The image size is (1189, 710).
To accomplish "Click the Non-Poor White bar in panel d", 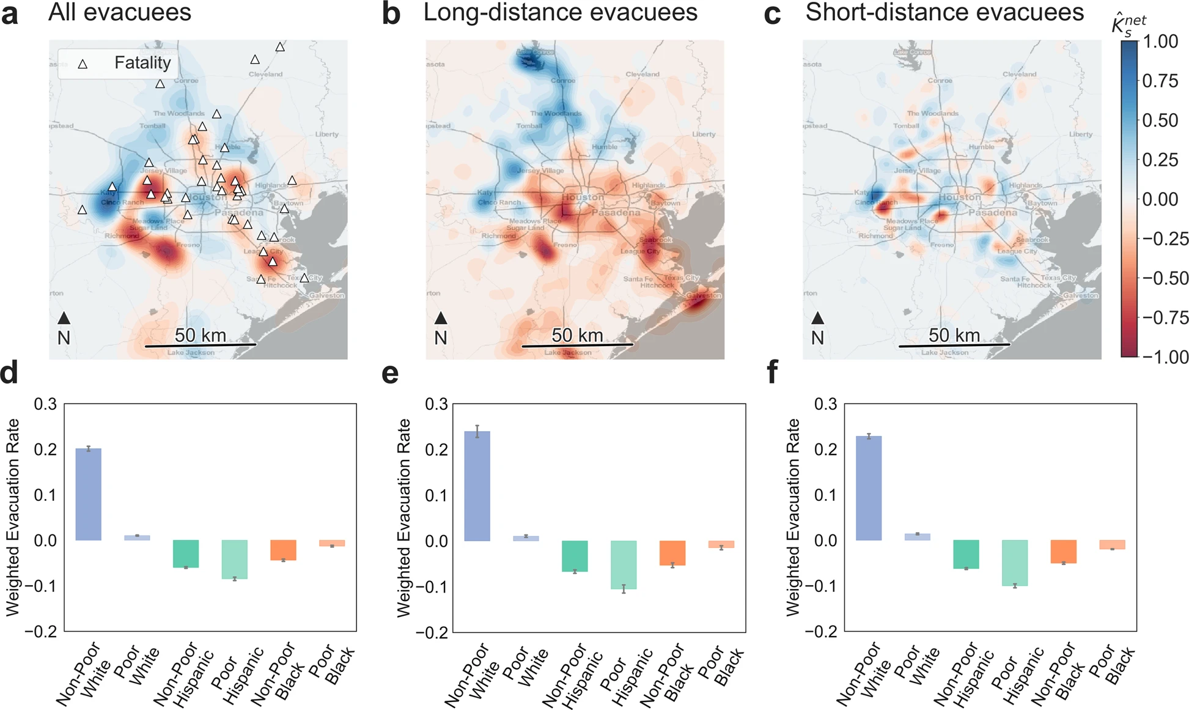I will (88, 494).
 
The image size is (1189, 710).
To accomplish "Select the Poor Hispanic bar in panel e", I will (624, 564).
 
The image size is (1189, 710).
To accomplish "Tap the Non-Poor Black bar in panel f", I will (1063, 552).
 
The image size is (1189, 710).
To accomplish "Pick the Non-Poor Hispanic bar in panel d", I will (186, 553).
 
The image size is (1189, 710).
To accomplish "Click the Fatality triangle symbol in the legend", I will (83, 64).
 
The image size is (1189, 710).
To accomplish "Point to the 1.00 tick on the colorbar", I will (1159, 42).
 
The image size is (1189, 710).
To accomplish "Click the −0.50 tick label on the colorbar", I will (1165, 278).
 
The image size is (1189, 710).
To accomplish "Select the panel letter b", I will (391, 14).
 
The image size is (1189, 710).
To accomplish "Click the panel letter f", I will (772, 372).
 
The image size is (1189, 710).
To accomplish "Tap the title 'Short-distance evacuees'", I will (944, 12).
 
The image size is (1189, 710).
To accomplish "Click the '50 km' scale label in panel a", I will (200, 335).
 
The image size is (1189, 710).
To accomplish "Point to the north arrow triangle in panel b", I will (441, 318).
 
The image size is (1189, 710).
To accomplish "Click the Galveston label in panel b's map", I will (704, 295).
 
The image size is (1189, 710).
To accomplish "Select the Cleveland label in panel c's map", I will (1019, 74).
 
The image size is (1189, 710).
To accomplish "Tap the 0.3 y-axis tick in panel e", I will (436, 404).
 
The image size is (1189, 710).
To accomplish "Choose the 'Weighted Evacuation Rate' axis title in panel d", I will (13, 517).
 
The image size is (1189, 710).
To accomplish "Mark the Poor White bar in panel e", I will (526, 538).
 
